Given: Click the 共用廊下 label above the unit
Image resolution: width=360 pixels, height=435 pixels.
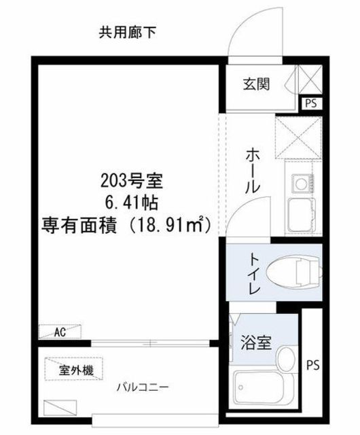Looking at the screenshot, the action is tap(127, 33).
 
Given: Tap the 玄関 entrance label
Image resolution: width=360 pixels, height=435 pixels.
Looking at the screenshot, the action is tap(256, 84).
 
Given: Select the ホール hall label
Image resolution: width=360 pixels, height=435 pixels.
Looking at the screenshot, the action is tap(253, 171).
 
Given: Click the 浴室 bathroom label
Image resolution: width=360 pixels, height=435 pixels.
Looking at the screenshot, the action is tap(255, 342).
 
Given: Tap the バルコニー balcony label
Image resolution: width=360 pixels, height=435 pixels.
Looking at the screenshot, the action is tap(143, 387).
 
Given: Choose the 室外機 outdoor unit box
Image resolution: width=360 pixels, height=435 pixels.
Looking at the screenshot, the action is tap(73, 369).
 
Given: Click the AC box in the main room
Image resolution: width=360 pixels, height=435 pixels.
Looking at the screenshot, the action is tap(60, 332).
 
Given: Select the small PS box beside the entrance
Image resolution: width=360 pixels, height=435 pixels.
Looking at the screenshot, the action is tap(311, 103).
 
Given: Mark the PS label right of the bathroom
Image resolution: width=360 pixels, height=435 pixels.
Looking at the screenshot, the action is tap(312, 365).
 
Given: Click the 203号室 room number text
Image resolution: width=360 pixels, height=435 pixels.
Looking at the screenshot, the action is tap(131, 181).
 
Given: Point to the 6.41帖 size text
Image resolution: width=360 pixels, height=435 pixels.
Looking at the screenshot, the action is tap(132, 203).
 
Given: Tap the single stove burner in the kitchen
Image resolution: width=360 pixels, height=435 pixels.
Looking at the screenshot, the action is tap(300, 184).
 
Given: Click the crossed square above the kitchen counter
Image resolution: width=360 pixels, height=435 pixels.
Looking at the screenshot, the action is tap(298, 137).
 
